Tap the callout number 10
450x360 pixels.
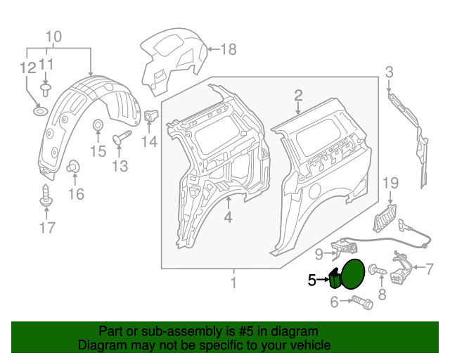click(54, 37)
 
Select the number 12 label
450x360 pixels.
click(27, 68)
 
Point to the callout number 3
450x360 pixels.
click(389, 70)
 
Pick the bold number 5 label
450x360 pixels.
click(312, 280)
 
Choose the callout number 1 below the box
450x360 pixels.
click(233, 283)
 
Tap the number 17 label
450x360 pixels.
click(46, 228)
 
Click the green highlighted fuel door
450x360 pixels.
click(347, 275)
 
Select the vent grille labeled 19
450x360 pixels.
click(385, 217)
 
